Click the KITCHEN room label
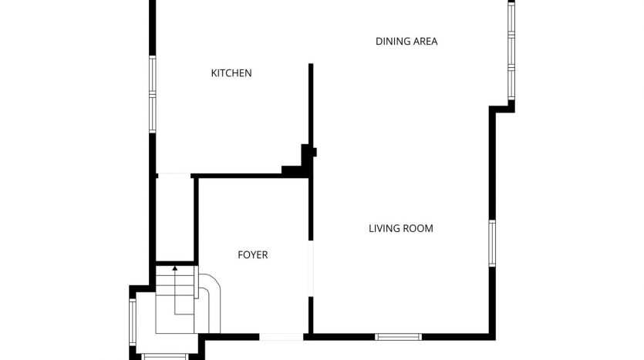(231, 73)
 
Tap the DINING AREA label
(406, 41)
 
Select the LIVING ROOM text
(401, 228)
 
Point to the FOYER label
(253, 255)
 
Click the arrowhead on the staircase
(175, 268)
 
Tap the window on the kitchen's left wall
(153, 94)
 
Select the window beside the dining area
(511, 51)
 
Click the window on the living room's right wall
(492, 243)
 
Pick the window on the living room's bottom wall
(399, 337)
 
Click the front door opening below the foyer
(282, 337)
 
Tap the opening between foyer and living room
(311, 268)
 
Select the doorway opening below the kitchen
(174, 176)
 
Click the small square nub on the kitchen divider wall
(315, 153)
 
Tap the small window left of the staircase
(132, 321)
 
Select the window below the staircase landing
(165, 357)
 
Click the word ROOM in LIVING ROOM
(420, 228)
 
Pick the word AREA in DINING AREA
(425, 41)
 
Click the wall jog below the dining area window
(502, 108)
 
